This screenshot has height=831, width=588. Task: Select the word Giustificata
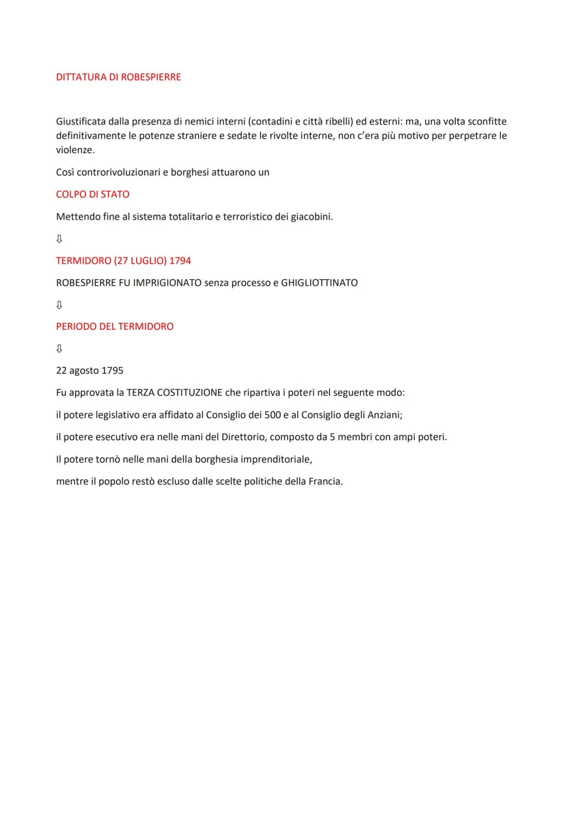tap(81, 121)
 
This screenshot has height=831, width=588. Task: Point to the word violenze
tap(75, 150)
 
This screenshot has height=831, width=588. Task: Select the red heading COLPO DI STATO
tap(93, 194)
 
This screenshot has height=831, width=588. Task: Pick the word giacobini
tap(311, 217)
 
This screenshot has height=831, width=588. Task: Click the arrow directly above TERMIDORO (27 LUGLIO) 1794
tap(59, 239)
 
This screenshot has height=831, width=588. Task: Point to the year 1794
tap(180, 261)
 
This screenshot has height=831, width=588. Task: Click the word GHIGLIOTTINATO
tap(319, 283)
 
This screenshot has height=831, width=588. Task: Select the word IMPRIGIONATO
tap(167, 283)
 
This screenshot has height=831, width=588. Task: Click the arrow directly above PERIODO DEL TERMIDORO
tap(59, 305)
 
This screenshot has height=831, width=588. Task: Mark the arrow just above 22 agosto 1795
tap(59, 348)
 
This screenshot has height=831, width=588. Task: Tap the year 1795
tap(112, 371)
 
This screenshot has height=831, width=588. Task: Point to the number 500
tap(272, 415)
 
